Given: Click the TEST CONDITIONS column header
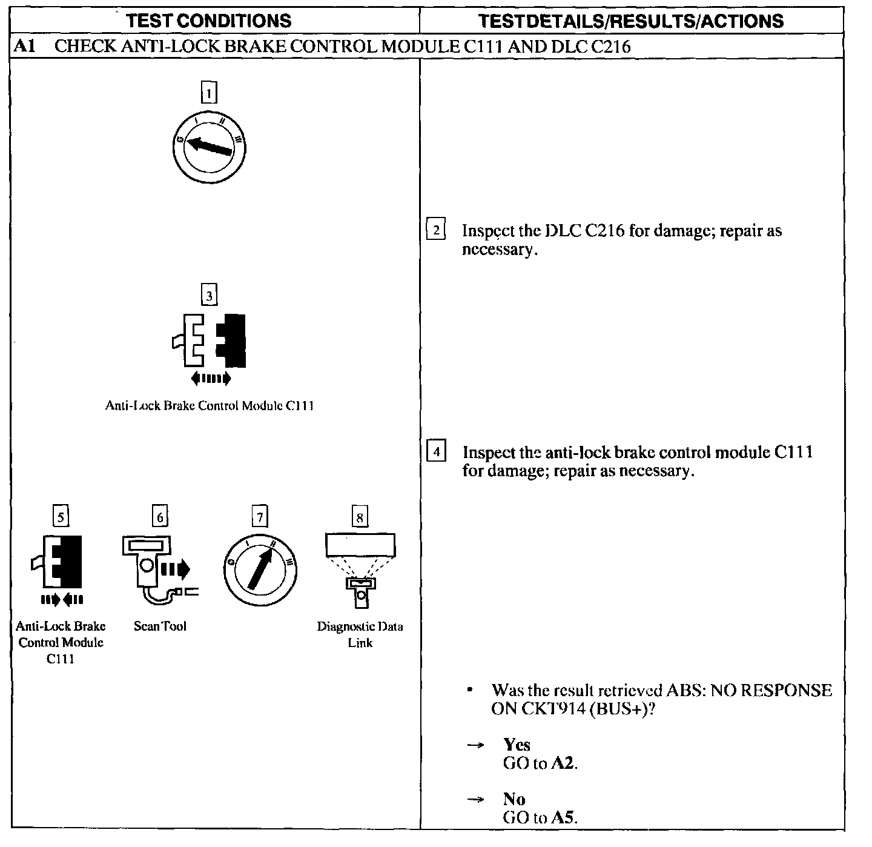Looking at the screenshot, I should coord(210,21).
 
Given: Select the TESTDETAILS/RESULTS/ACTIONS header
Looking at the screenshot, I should coord(630,21).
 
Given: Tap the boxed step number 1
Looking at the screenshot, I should coord(209,94).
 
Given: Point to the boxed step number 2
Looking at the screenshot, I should coord(436,230).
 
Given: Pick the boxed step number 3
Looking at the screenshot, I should coord(209,295).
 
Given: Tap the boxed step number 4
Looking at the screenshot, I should coord(436,451).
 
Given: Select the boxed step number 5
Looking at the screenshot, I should coord(61,516).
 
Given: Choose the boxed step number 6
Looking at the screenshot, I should coord(160,516).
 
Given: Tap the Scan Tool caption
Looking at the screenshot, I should coord(160,626).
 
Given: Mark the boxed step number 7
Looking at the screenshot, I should coord(260,517).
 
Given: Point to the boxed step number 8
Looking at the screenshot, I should coord(360,517).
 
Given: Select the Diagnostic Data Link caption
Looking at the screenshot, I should coord(360,634).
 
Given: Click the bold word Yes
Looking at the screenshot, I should coord(517,745).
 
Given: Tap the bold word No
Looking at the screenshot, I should coord(514,799).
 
